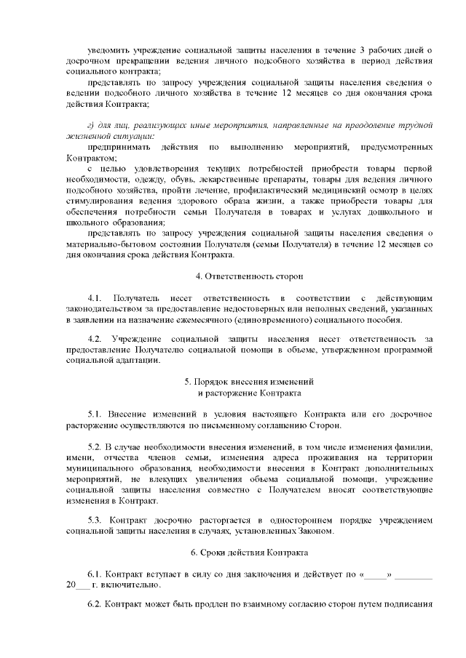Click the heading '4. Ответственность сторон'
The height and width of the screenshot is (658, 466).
(249, 277)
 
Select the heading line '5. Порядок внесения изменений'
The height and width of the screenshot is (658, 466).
(249, 382)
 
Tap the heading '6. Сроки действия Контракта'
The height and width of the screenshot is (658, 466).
(249, 553)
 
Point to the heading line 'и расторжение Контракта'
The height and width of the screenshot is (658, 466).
(249, 393)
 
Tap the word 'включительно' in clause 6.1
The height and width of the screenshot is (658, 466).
(132, 585)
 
